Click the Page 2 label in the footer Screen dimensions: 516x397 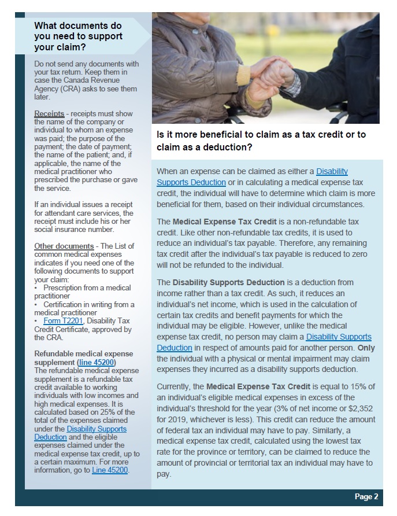(366, 496)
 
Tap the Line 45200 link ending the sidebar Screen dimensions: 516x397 (110, 470)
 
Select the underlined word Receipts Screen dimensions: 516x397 (49, 114)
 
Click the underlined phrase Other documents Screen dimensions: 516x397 (64, 246)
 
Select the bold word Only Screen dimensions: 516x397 (366, 348)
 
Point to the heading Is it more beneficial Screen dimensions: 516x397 (261, 141)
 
